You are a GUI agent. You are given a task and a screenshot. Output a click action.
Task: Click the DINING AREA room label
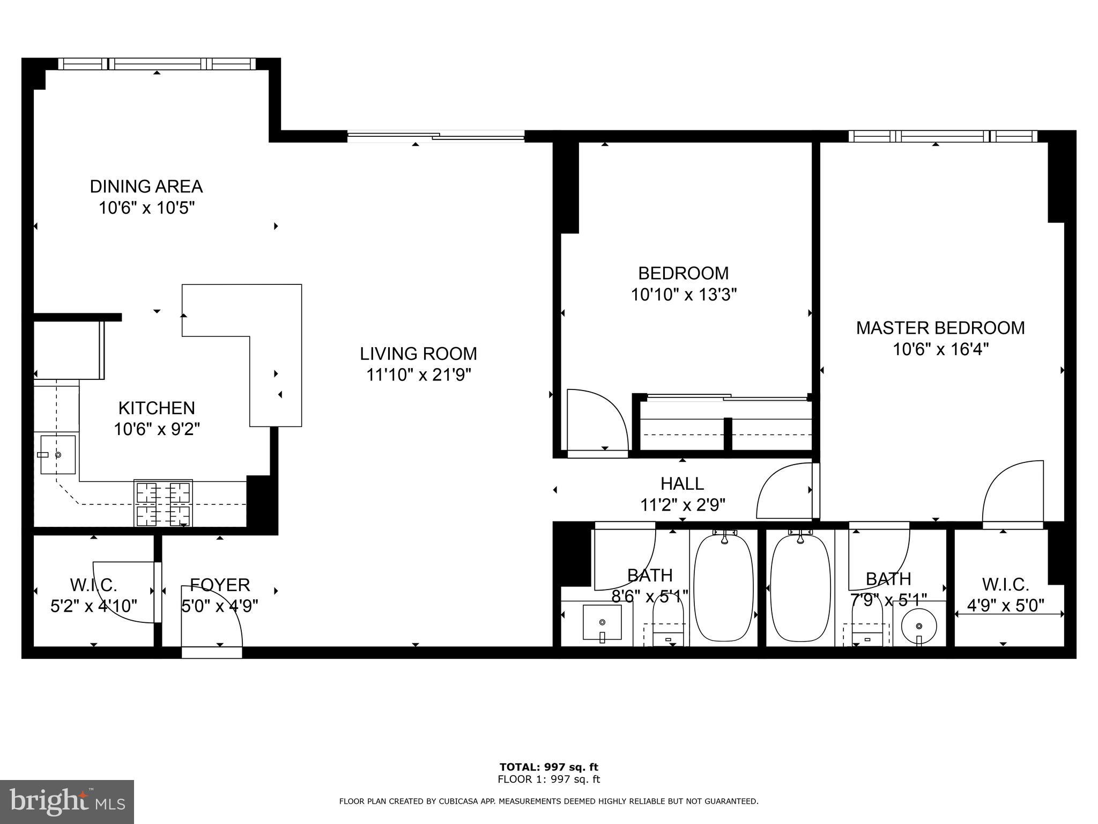pos(146,186)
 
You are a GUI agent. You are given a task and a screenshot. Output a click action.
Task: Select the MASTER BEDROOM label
pos(940,328)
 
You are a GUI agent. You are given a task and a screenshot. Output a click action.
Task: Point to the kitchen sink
pos(58,454)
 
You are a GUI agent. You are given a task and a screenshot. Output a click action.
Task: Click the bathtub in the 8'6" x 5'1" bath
pos(723,587)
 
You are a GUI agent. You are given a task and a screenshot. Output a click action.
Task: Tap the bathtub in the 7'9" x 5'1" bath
pos(800,587)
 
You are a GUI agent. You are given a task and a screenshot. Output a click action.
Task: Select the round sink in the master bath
pos(918,626)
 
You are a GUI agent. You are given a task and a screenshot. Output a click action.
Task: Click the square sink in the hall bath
pos(602,622)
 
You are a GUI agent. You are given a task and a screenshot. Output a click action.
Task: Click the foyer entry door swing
pos(211,617)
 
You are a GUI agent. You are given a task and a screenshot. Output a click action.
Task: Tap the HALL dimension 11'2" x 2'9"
pos(682,505)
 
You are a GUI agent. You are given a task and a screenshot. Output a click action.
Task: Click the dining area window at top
pos(157,64)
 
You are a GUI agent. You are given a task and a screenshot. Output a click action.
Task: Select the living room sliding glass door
pos(435,136)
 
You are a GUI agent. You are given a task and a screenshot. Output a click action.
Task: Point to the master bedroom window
pos(942,136)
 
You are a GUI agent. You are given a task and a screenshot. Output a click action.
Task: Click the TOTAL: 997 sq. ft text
pos(548,767)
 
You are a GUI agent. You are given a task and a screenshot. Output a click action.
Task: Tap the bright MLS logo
pos(66,802)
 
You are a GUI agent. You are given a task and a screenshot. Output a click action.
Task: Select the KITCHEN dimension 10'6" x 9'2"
pos(157,429)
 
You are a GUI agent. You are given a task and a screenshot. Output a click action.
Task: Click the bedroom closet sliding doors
pos(728,398)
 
